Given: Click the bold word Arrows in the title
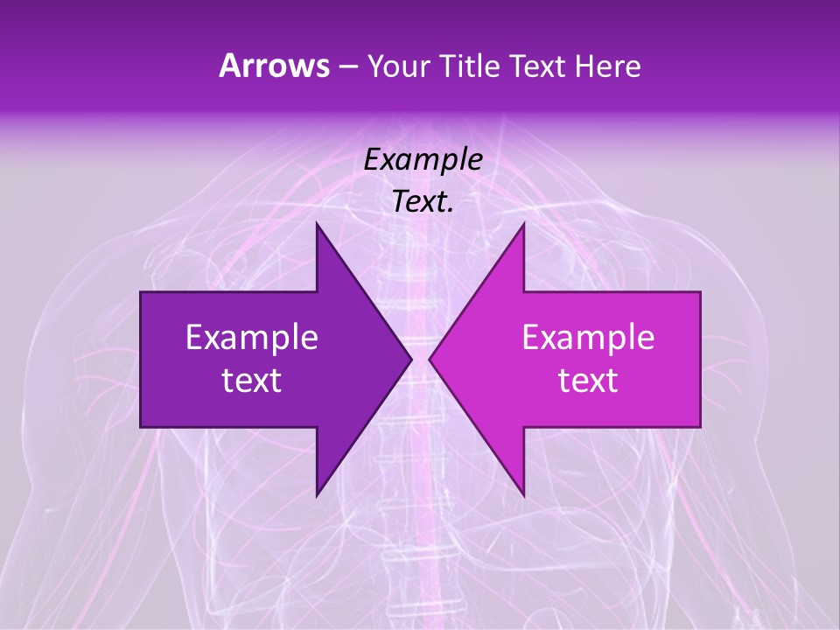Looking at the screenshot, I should click(x=275, y=66).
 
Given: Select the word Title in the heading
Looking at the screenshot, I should click(x=470, y=66).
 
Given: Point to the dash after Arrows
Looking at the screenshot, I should click(x=347, y=67).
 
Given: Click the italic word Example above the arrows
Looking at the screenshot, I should click(x=423, y=160).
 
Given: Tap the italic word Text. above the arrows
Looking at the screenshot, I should click(x=423, y=202).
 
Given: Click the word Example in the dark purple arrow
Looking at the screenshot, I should click(x=252, y=338).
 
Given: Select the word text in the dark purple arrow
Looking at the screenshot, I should click(x=252, y=381).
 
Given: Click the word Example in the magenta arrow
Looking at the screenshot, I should click(x=588, y=338).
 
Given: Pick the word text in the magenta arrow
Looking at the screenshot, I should click(x=588, y=381).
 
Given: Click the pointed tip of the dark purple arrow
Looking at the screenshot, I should click(x=410, y=359).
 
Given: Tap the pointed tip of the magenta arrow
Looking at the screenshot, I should click(x=430, y=359).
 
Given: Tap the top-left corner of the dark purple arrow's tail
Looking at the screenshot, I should click(x=142, y=293).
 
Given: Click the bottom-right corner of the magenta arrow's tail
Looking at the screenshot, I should click(x=699, y=426).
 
